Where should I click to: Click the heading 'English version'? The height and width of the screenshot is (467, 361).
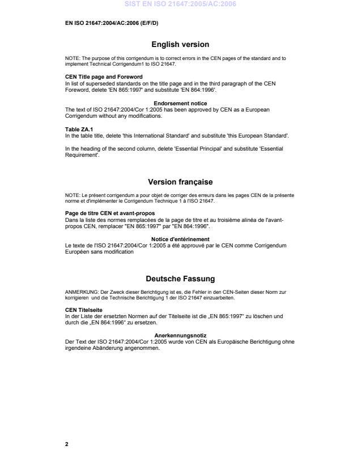click(180, 44)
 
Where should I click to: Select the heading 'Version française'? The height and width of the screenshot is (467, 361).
click(180, 182)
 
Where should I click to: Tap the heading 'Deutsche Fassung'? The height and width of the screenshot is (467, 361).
click(180, 279)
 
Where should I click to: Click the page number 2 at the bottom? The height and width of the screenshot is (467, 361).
click(67, 444)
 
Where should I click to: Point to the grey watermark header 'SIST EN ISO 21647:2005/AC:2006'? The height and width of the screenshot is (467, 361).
click(180, 5)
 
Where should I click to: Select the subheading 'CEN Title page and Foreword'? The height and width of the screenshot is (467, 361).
click(104, 76)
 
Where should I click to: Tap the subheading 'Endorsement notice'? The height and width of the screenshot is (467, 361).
click(180, 103)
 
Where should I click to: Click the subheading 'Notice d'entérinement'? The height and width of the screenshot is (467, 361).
click(180, 239)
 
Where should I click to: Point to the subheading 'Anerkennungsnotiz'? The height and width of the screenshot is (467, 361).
click(180, 336)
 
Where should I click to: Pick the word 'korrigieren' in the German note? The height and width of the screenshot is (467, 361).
click(77, 297)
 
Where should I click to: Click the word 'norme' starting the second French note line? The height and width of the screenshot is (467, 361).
click(72, 201)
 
